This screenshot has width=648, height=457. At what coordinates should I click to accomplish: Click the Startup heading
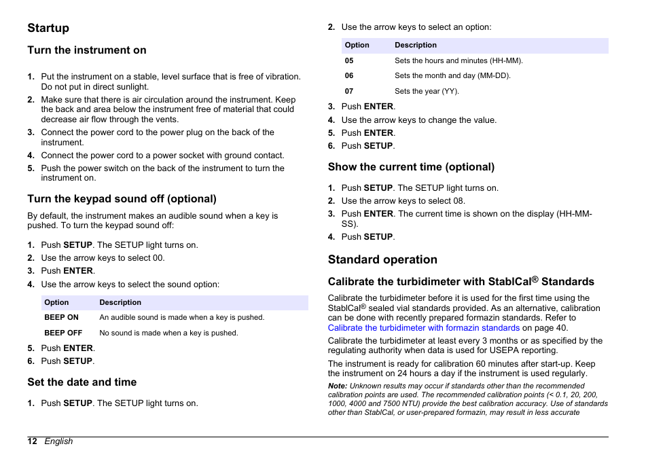point(48,28)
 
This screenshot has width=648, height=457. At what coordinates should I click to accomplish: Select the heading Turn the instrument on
point(86,50)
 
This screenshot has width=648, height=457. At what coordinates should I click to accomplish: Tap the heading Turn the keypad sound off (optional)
point(122,199)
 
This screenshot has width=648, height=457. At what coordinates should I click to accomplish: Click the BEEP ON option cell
point(61,317)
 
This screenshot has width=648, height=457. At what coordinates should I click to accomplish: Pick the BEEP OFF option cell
point(63,333)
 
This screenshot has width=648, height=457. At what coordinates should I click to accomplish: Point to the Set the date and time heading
point(82,382)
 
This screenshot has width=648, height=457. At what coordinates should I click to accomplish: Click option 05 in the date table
point(349,60)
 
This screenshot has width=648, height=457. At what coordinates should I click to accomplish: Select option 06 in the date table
point(349,76)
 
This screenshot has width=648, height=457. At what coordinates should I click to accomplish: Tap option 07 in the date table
point(349,91)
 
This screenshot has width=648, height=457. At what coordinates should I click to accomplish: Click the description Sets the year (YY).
point(427,91)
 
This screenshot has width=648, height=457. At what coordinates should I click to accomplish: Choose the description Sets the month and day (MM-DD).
point(452,76)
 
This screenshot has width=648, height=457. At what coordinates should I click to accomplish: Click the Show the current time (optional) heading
point(411,167)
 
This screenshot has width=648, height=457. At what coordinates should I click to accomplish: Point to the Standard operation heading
point(382,259)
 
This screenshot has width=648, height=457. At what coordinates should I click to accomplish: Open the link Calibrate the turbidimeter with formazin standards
point(423,328)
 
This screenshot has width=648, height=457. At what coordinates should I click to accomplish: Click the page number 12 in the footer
point(32,441)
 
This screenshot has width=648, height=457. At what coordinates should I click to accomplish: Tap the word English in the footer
point(58,441)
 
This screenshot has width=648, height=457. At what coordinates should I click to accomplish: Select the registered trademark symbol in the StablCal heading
point(535,278)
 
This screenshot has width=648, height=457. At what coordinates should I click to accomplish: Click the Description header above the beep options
point(120,303)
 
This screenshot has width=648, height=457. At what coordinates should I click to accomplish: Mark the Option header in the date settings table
point(357,45)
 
